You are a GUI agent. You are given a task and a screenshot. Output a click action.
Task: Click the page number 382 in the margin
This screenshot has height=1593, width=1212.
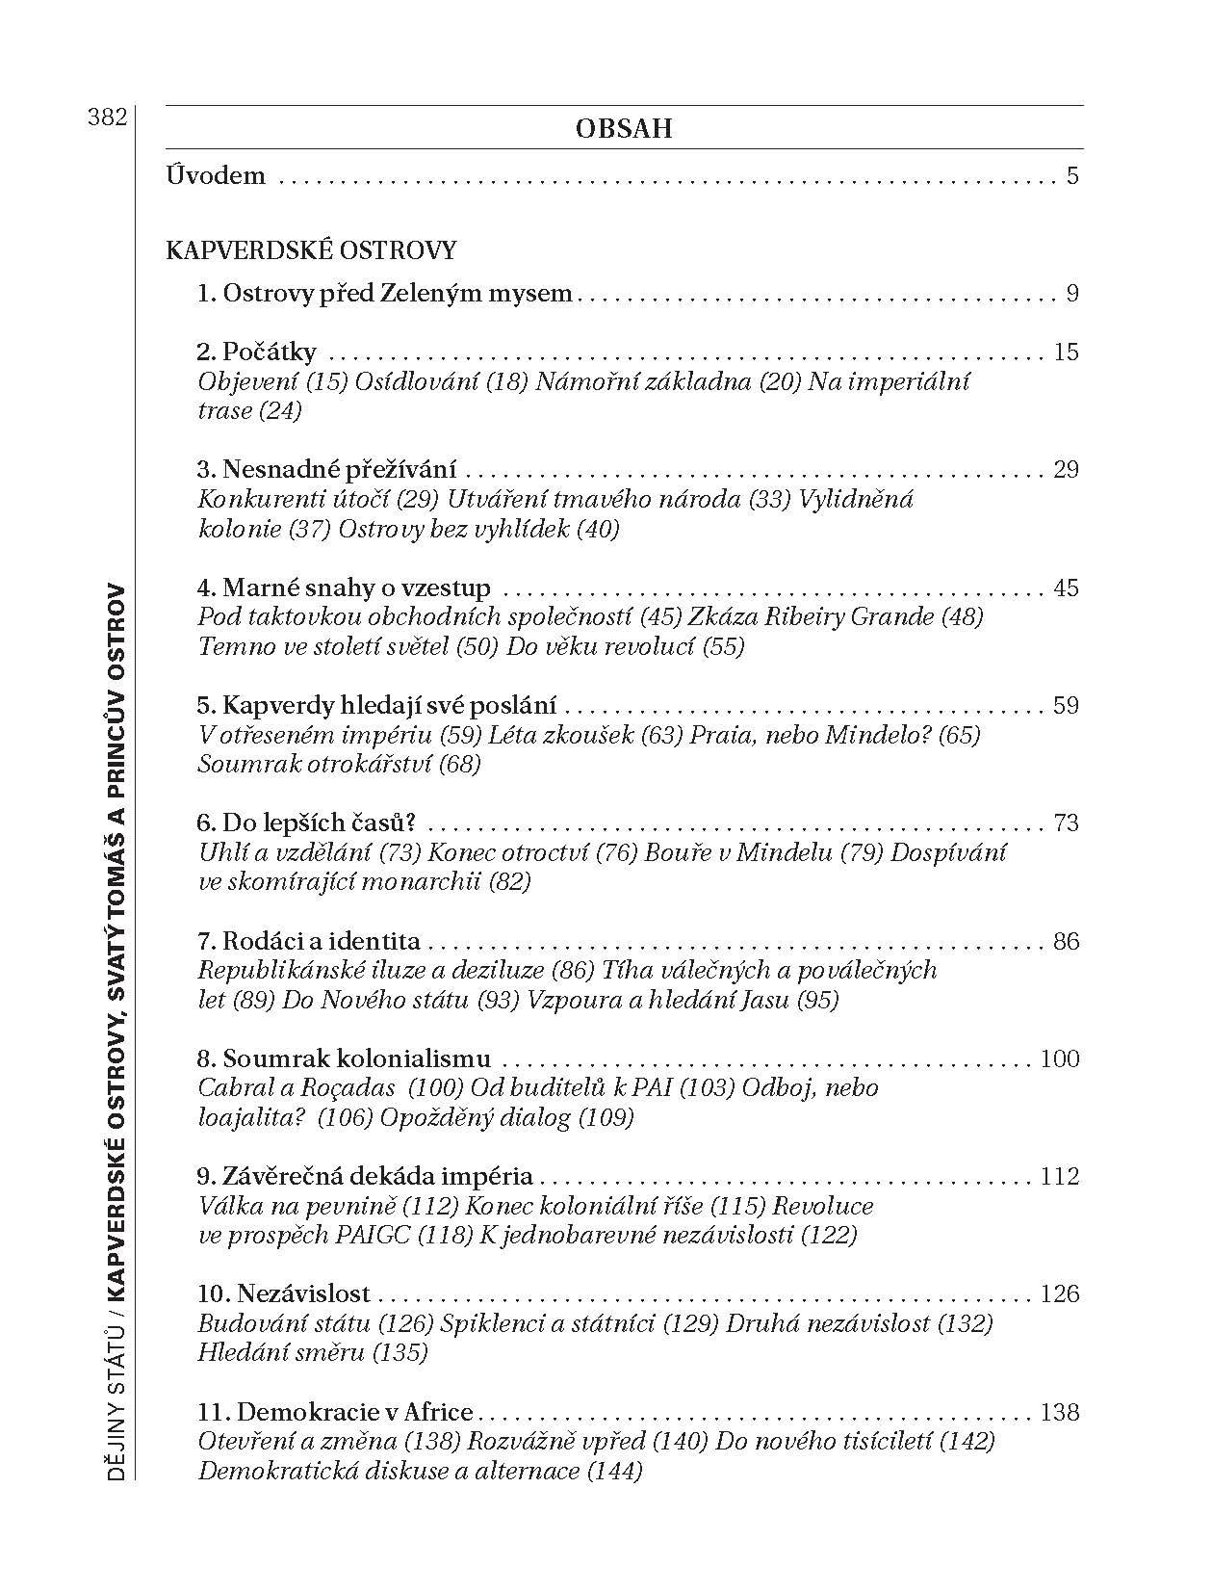click(106, 118)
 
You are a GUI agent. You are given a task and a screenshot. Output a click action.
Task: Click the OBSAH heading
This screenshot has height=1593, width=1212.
click(623, 128)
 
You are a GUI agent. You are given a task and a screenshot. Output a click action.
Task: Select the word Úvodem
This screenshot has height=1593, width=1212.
click(216, 176)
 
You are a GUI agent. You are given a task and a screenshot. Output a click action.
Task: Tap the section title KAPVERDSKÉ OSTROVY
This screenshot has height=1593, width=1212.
click(311, 250)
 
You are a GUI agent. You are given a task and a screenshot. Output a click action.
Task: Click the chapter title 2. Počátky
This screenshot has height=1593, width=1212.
click(256, 353)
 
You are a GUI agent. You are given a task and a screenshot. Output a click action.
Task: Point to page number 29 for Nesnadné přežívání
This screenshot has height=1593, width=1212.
click(1066, 470)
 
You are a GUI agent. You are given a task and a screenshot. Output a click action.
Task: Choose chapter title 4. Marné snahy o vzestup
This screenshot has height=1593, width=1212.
click(344, 588)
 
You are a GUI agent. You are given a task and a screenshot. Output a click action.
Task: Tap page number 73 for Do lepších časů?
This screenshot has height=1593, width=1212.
click(1066, 823)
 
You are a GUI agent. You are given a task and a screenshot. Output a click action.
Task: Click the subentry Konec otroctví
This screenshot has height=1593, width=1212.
click(513, 852)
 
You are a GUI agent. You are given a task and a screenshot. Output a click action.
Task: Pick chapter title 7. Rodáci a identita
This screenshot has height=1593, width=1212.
click(308, 941)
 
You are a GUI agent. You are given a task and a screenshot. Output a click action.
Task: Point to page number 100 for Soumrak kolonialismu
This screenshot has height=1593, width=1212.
click(1060, 1059)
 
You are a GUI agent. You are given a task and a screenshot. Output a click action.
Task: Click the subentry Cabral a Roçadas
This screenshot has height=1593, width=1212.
click(297, 1088)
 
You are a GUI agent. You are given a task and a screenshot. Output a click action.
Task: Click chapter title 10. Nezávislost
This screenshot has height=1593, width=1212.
click(283, 1294)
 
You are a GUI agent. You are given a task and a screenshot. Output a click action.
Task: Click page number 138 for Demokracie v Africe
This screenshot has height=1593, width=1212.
click(1060, 1413)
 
